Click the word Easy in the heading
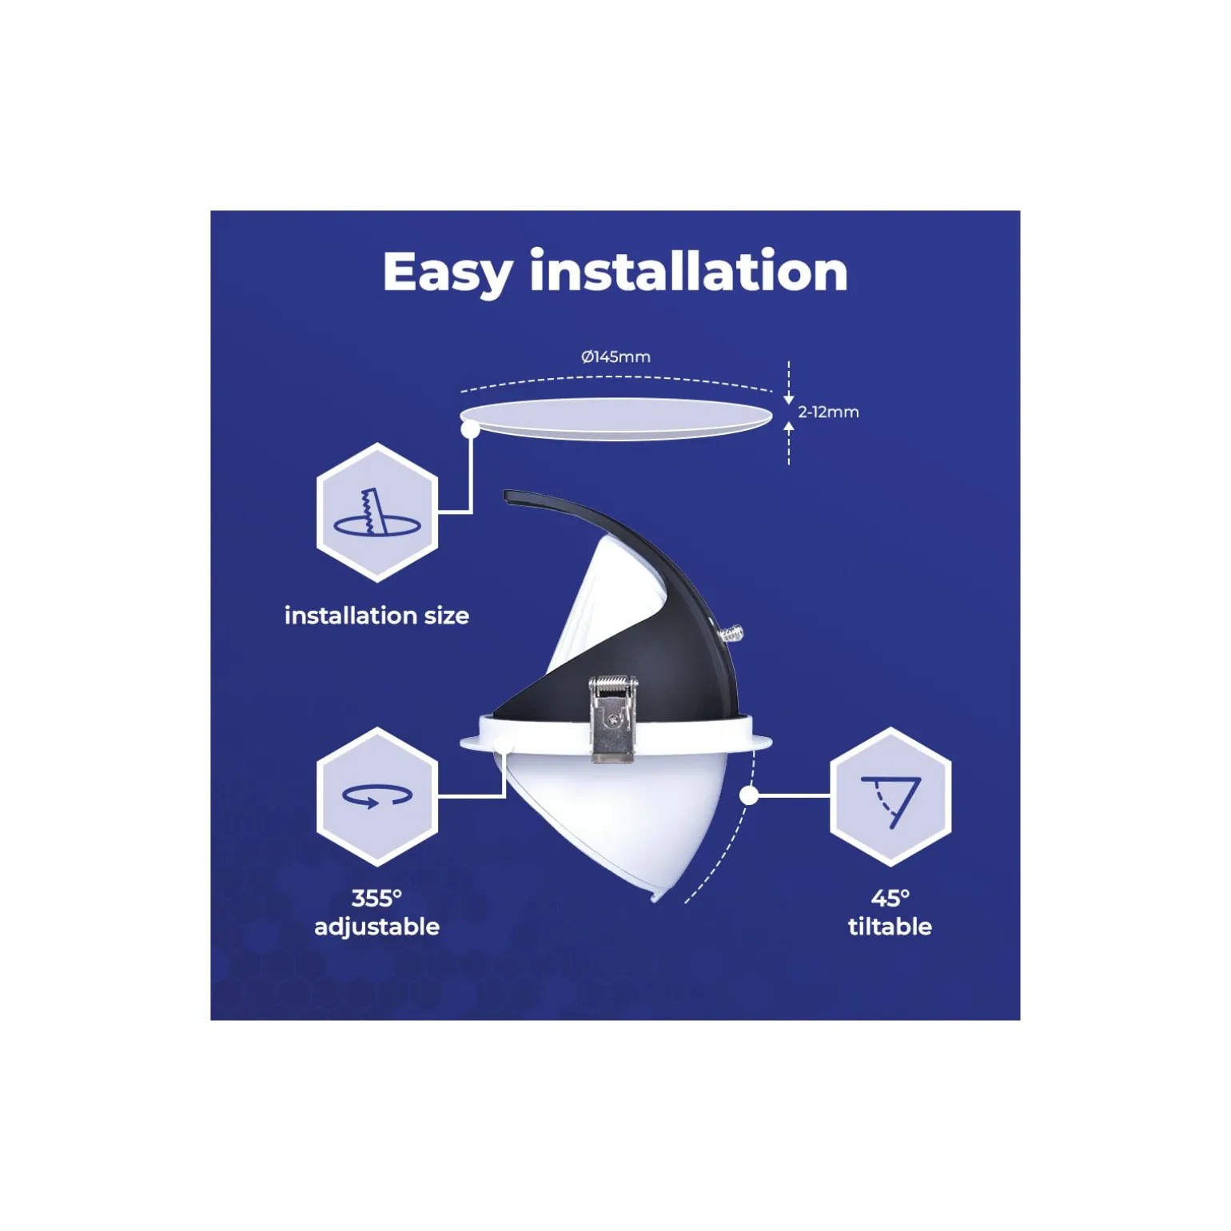pyautogui.click(x=447, y=273)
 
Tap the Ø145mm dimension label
pyautogui.click(x=615, y=357)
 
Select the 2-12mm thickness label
pyautogui.click(x=828, y=412)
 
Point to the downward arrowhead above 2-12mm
pyautogui.click(x=789, y=399)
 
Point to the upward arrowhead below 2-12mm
pyautogui.click(x=789, y=426)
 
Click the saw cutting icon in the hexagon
pyautogui.click(x=376, y=512)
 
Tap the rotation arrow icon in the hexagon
pyautogui.click(x=376, y=795)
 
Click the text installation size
pyautogui.click(x=376, y=615)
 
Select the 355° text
pyautogui.click(x=376, y=898)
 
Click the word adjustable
pyautogui.click(x=376, y=926)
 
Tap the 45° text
pyautogui.click(x=890, y=898)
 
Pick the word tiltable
pyautogui.click(x=890, y=926)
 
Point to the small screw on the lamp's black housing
pyautogui.click(x=731, y=635)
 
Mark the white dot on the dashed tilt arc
pyautogui.click(x=749, y=795)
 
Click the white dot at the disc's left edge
pyautogui.click(x=470, y=429)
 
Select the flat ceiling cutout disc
pyautogui.click(x=615, y=418)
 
